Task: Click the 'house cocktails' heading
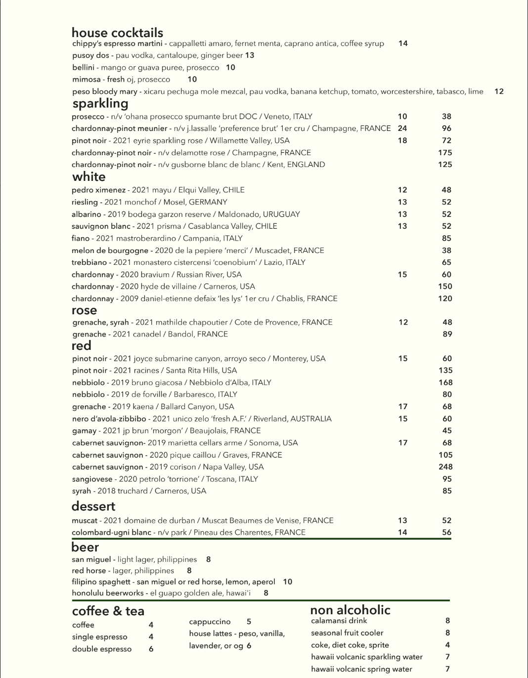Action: tap(117, 33)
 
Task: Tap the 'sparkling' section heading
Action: tap(100, 104)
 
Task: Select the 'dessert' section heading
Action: tap(93, 506)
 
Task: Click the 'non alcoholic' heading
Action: tap(350, 610)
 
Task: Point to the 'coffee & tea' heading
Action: tap(108, 611)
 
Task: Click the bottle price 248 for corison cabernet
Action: tap(445, 466)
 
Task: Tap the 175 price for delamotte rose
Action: tap(445, 153)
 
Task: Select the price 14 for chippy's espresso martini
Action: tap(403, 43)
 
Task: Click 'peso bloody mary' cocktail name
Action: tap(104, 91)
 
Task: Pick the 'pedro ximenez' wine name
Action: tap(98, 190)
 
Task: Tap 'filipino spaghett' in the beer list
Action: tap(101, 582)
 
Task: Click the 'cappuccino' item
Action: tap(210, 622)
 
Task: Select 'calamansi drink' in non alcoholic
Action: tap(339, 621)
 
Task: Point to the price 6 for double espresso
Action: tap(151, 649)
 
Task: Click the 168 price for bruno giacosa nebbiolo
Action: tap(445, 382)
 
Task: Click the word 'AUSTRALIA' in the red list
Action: tap(311, 419)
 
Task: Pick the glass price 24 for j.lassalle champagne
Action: tap(402, 128)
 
